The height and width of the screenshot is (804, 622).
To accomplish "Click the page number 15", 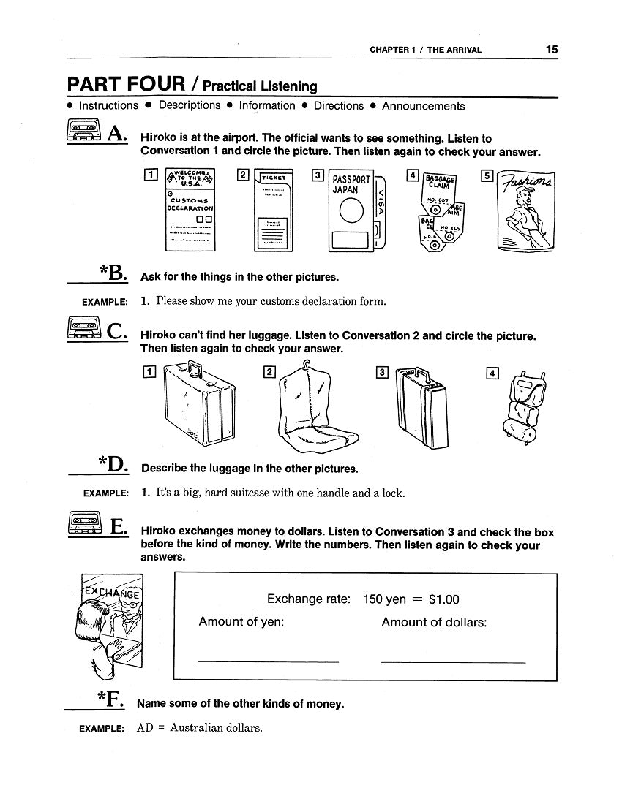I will coord(551,50).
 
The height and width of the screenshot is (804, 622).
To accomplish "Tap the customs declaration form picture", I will coord(191,210).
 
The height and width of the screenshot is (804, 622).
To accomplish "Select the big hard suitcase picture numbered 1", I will coord(197,405).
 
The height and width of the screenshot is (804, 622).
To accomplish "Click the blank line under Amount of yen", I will coord(268,661).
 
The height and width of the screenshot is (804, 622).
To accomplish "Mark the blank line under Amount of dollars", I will coord(453,661).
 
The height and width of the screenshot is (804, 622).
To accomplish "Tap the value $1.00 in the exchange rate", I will coord(444,600).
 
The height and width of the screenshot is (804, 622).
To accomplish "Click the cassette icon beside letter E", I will coord(83,526).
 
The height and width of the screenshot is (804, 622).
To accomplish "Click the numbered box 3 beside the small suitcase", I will coord(381,373).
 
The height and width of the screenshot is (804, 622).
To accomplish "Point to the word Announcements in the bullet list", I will coord(423,106).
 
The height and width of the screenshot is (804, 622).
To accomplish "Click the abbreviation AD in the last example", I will coord(144,728).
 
